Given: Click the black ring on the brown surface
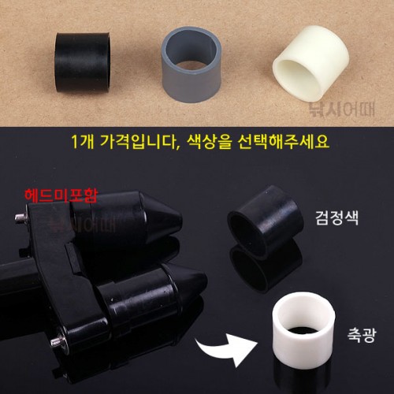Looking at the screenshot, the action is coord(82,62).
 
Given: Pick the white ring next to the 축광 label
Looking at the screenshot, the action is coord(303,341).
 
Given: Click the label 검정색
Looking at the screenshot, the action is coord(337,217).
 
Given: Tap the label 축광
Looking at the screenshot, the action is coord(362,335).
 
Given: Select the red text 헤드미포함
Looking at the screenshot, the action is coord(61,195).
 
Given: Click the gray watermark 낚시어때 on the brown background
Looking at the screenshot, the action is coord(342,110).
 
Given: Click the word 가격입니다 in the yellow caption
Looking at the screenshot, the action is coord(139,142).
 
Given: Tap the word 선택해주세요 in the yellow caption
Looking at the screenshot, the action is coord(283,142).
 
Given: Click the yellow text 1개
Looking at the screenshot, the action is coord(83,142).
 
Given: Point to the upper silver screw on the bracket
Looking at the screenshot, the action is coord(20,218).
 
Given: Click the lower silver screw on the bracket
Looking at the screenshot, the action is coord(57,340).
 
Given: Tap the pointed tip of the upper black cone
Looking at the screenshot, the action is coord(181,220).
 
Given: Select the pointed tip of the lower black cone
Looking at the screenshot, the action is coord(206,282).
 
